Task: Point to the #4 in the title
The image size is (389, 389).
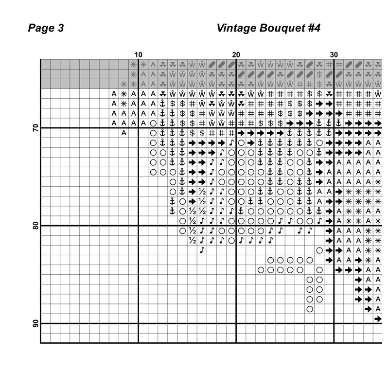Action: [x=312, y=28]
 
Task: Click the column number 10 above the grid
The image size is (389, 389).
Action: [x=138, y=54]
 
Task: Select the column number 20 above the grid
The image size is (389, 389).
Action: [x=236, y=54]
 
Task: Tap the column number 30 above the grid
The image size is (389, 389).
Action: [x=334, y=54]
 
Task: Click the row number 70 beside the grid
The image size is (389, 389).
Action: [x=35, y=128]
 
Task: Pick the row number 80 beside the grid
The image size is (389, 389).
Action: [x=35, y=226]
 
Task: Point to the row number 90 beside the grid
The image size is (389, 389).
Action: [x=35, y=324]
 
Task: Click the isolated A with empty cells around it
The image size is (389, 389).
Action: [x=124, y=133]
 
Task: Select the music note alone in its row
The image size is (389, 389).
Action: [x=202, y=250]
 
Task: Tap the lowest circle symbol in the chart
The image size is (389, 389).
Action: [x=310, y=309]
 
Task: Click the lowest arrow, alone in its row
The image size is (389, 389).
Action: [x=378, y=318]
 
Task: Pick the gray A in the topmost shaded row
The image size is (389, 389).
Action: [x=153, y=64]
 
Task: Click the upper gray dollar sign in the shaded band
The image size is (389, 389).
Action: [x=319, y=74]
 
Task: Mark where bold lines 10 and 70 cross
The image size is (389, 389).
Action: [x=138, y=128]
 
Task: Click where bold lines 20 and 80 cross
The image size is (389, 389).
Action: [x=236, y=226]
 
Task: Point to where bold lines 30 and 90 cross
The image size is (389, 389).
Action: [x=334, y=323]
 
